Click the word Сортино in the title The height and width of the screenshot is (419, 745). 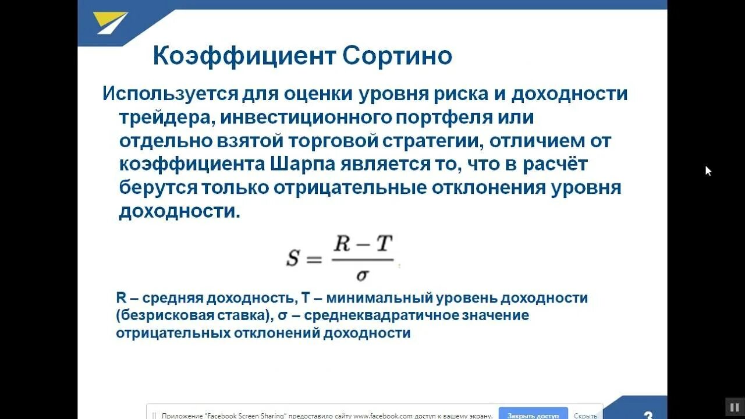click(x=397, y=56)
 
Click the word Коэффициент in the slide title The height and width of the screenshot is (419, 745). click(x=244, y=56)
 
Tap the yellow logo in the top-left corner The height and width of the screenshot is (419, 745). click(x=111, y=23)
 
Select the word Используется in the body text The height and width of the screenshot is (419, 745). click(x=171, y=94)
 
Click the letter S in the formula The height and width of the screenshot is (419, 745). click(x=292, y=258)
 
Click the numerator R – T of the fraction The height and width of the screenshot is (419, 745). click(x=363, y=245)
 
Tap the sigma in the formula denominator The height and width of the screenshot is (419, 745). click(x=361, y=274)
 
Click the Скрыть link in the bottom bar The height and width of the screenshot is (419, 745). click(x=585, y=416)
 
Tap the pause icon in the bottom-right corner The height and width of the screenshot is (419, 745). click(x=732, y=406)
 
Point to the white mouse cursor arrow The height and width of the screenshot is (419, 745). click(x=708, y=171)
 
